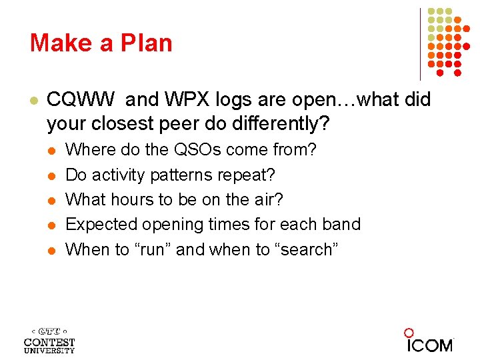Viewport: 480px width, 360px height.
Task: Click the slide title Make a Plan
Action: tap(101, 43)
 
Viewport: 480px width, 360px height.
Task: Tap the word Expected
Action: tap(102, 224)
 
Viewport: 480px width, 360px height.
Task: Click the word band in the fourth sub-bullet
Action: tap(341, 224)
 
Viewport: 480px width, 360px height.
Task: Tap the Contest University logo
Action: tap(49, 341)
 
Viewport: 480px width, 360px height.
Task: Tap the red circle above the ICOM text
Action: tap(409, 332)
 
